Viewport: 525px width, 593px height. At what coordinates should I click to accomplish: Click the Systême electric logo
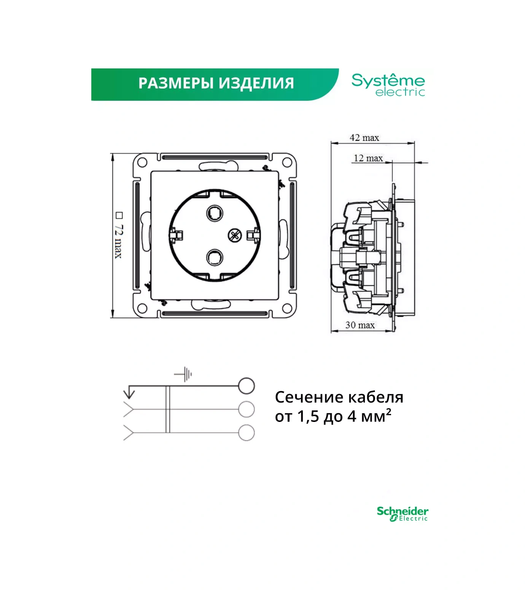point(388,85)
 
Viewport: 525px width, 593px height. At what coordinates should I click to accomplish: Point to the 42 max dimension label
point(364,138)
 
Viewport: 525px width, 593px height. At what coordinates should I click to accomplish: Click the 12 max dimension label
point(368,158)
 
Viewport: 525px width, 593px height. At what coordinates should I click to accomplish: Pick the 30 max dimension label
point(360,325)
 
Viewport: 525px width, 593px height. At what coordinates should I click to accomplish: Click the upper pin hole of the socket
point(215,213)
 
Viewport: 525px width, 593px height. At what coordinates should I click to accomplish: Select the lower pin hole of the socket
point(215,258)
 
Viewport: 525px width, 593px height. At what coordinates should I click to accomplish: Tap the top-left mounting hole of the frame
point(142,163)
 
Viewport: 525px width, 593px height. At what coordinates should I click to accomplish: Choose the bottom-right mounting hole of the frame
point(287,308)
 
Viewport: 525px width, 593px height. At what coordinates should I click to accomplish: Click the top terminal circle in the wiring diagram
point(246,386)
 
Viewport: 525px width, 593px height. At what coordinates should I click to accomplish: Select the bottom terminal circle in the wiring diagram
point(246,433)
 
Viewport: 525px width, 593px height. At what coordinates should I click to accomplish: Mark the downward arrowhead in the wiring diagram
point(129,393)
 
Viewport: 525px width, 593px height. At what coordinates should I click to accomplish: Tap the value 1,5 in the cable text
point(308,417)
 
